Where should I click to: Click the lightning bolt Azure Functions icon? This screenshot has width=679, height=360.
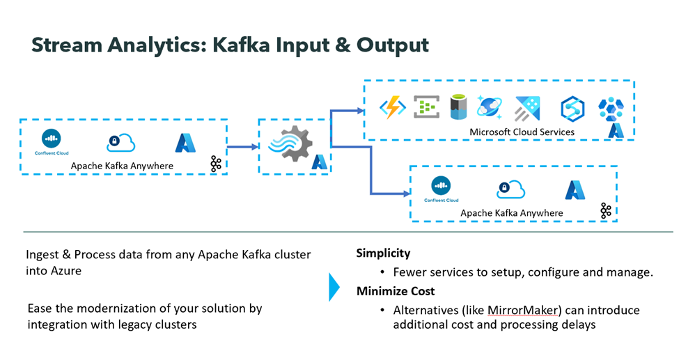(392, 108)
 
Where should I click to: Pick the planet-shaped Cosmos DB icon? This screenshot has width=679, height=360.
(489, 107)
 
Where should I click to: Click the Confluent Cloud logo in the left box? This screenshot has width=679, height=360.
(52, 140)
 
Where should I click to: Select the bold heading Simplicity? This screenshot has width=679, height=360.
(383, 253)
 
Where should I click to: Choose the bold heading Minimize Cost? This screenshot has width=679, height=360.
(397, 291)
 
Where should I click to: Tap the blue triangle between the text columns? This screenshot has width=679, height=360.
(334, 286)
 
